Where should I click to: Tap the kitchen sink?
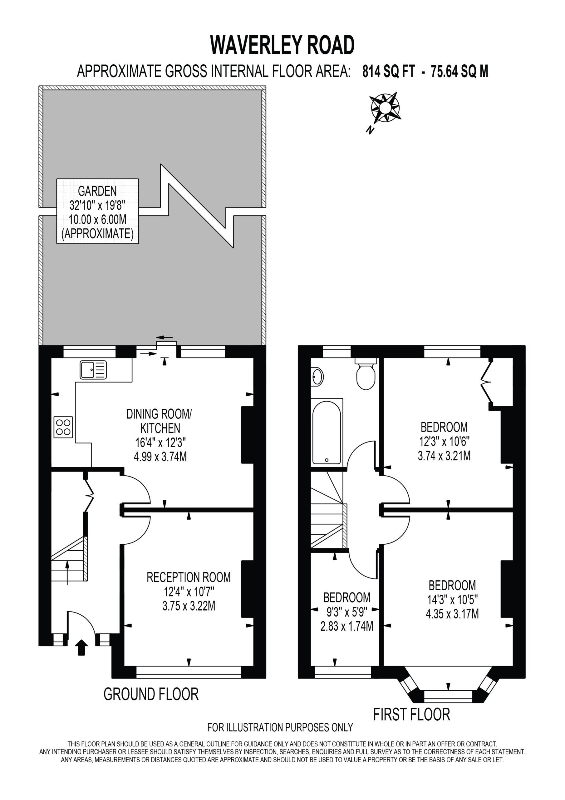point(93,370)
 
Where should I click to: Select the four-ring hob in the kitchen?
point(63,427)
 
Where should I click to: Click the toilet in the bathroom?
point(366,373)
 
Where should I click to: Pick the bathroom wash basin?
point(317,377)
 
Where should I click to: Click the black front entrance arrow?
point(81,647)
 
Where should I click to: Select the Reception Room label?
point(189,577)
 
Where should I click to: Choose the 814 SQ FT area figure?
point(389,72)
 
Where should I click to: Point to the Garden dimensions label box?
point(97,211)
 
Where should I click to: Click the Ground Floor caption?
point(151,694)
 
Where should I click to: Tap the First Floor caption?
point(412,715)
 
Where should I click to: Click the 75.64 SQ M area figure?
point(459,72)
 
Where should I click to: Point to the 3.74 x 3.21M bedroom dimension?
point(444,455)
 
